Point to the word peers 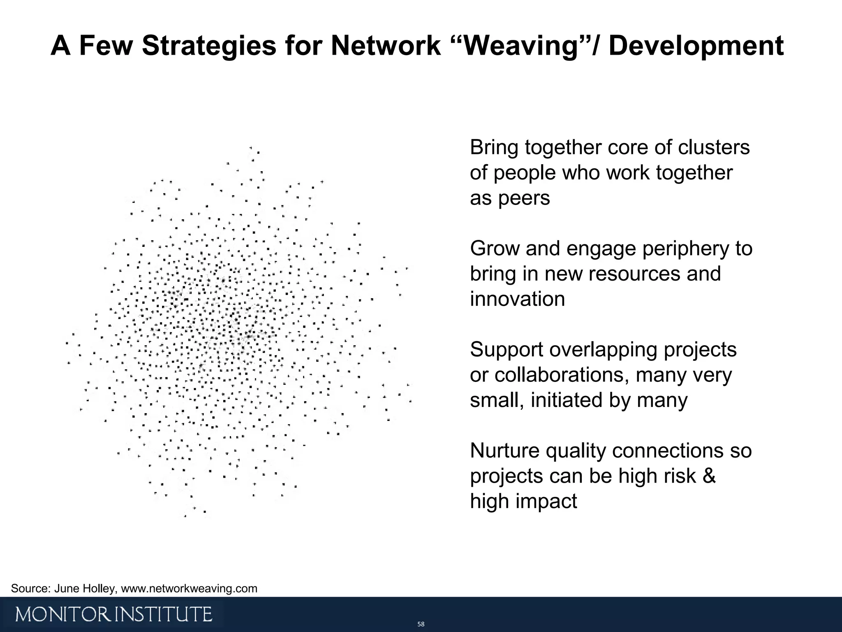[x=524, y=198]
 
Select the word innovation [x=517, y=299]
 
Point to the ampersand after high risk [x=709, y=476]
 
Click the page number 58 [x=421, y=624]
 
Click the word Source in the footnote [x=28, y=588]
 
